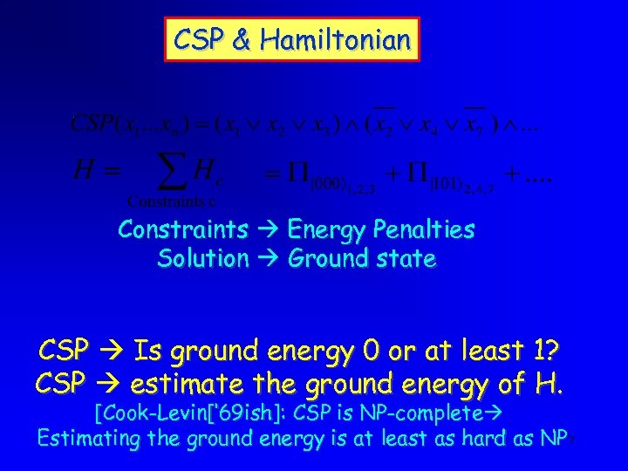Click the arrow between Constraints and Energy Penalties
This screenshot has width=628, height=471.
pyautogui.click(x=264, y=231)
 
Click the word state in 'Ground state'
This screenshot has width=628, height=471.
pyautogui.click(x=407, y=259)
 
